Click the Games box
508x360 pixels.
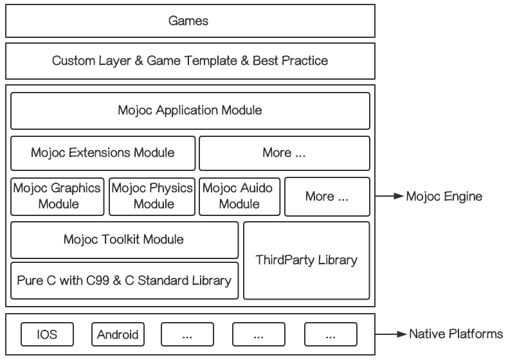coord(190,21)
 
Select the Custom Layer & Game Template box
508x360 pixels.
coord(190,61)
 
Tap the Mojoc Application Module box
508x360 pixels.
coord(190,111)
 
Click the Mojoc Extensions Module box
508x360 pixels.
coord(103,153)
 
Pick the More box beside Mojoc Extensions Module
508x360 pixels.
coord(284,153)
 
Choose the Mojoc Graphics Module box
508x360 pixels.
coord(57,196)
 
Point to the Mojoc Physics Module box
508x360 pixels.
coord(152,196)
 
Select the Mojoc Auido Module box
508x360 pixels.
coord(238,196)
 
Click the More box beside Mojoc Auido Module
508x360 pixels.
coord(327,196)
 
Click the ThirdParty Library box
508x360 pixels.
coord(307,260)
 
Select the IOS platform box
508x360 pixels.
coord(47,335)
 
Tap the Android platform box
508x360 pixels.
coord(117,335)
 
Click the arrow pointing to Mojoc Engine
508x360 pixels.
coord(388,196)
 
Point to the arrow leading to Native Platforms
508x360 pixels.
coord(388,334)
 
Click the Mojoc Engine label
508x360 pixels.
coord(443,196)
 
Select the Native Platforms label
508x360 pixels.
coord(456,334)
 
